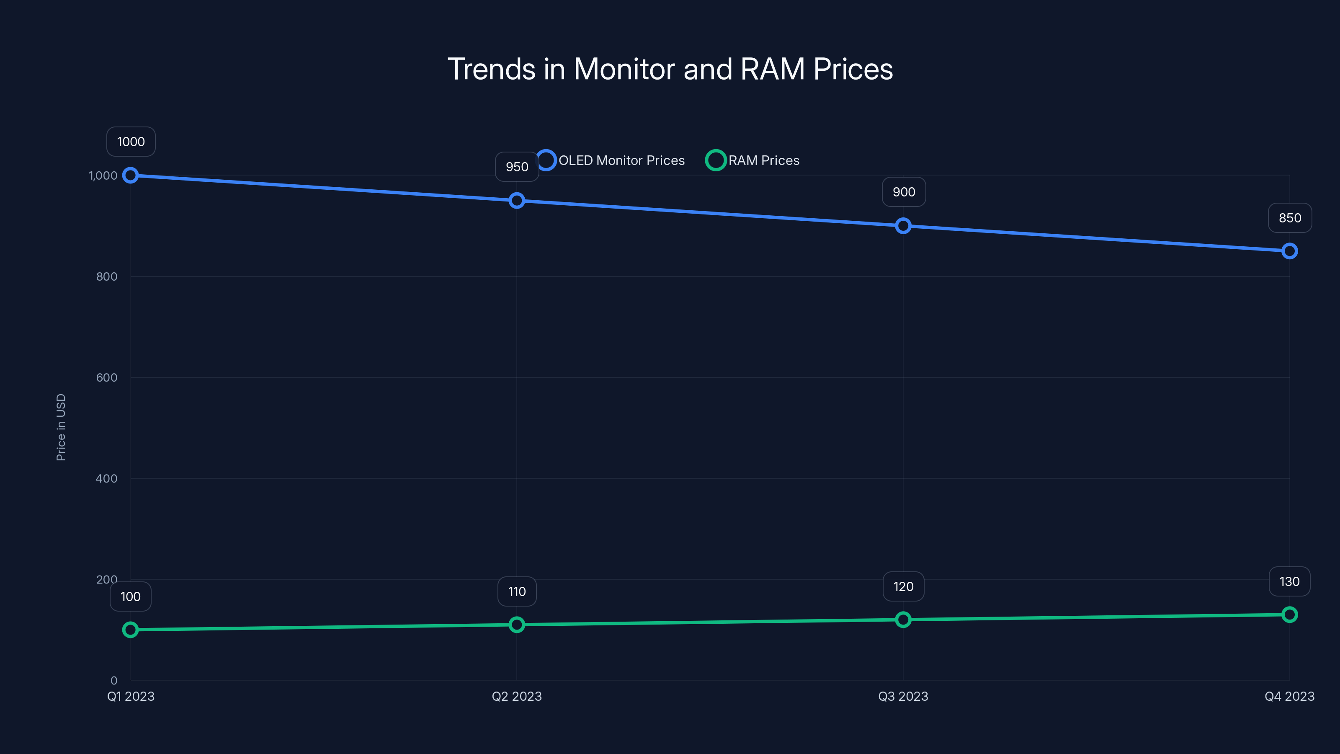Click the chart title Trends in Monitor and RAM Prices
point(670,69)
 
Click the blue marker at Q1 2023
point(131,176)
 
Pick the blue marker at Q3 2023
point(903,226)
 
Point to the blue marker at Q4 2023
point(1290,251)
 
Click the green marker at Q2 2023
point(517,625)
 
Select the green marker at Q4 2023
point(1290,615)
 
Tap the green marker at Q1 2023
point(131,630)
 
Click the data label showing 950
point(517,167)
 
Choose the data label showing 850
point(1290,218)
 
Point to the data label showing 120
point(903,586)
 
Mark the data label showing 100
point(131,596)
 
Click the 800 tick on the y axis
point(107,276)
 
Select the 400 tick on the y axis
point(107,478)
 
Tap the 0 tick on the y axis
point(114,680)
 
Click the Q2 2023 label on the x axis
point(517,696)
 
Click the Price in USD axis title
point(61,427)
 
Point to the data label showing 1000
point(131,142)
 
